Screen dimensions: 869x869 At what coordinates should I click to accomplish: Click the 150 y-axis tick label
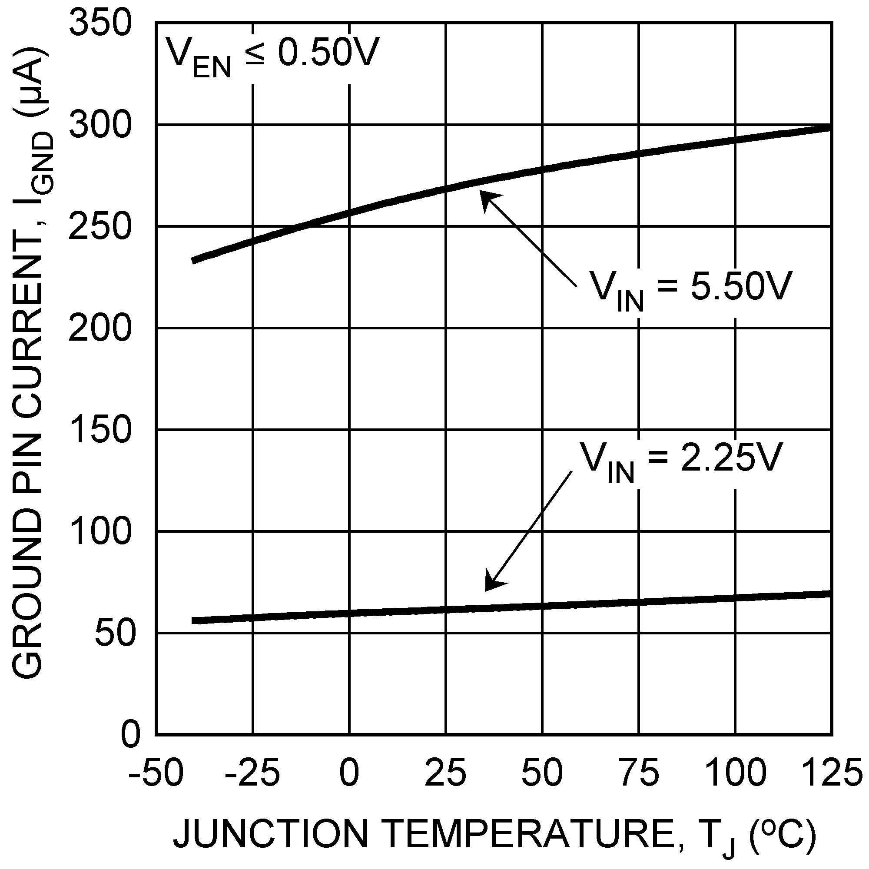(100, 430)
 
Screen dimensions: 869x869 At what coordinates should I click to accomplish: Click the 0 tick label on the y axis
(131, 736)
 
